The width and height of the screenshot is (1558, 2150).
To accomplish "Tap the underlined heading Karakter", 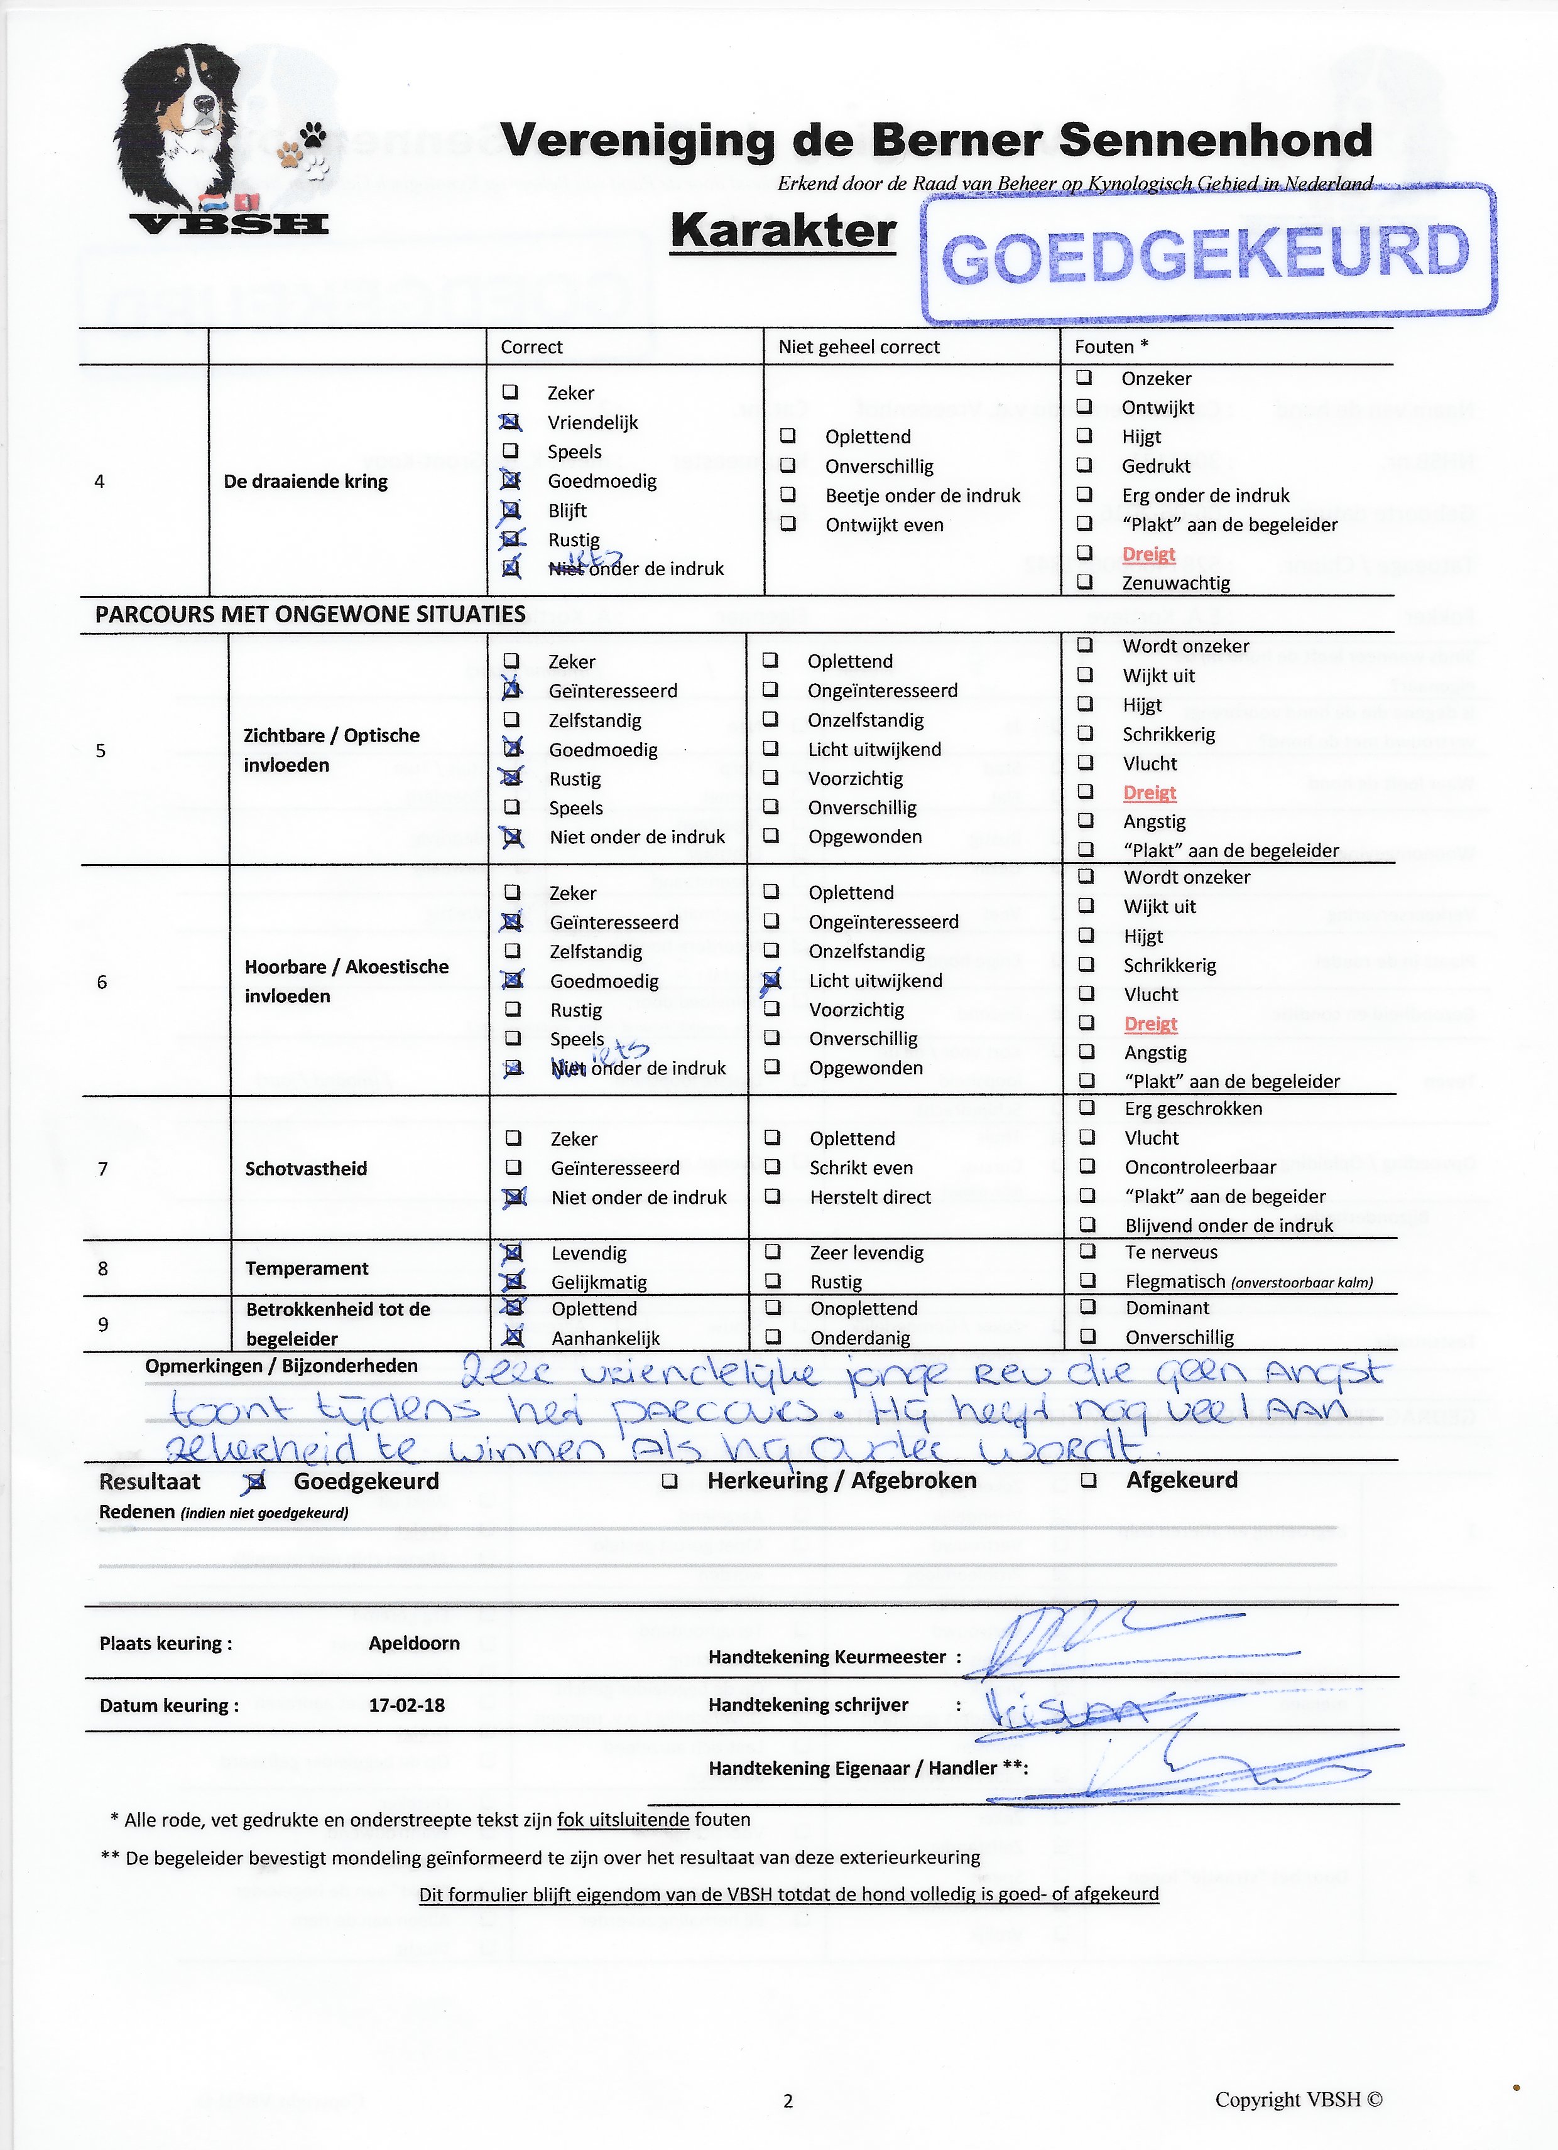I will tap(782, 231).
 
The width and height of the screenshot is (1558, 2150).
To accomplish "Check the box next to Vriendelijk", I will tap(511, 423).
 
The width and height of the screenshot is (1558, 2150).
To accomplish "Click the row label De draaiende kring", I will tap(305, 482).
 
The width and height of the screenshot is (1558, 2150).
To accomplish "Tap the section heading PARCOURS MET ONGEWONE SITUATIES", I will tap(310, 614).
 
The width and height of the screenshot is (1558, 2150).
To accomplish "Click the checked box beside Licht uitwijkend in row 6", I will tap(772, 980).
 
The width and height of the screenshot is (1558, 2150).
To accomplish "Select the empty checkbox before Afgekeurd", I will tap(1089, 1480).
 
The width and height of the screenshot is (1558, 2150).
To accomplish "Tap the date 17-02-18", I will tap(407, 1704).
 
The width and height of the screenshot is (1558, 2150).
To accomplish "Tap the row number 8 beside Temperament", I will tap(102, 1268).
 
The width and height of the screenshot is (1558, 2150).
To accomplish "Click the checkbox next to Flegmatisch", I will tap(1089, 1281).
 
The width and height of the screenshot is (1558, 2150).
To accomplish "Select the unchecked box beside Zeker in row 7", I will tap(514, 1138).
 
